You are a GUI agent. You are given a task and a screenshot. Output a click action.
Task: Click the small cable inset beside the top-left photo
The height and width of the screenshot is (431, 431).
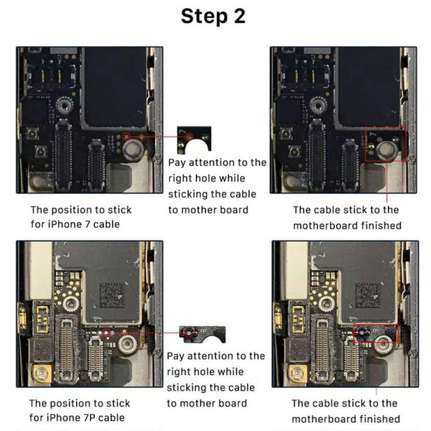(193, 136)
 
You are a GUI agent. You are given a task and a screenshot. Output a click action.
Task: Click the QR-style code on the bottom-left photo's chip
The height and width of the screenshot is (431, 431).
(115, 295)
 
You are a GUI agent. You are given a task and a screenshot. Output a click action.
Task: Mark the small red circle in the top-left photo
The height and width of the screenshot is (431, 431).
(126, 134)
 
